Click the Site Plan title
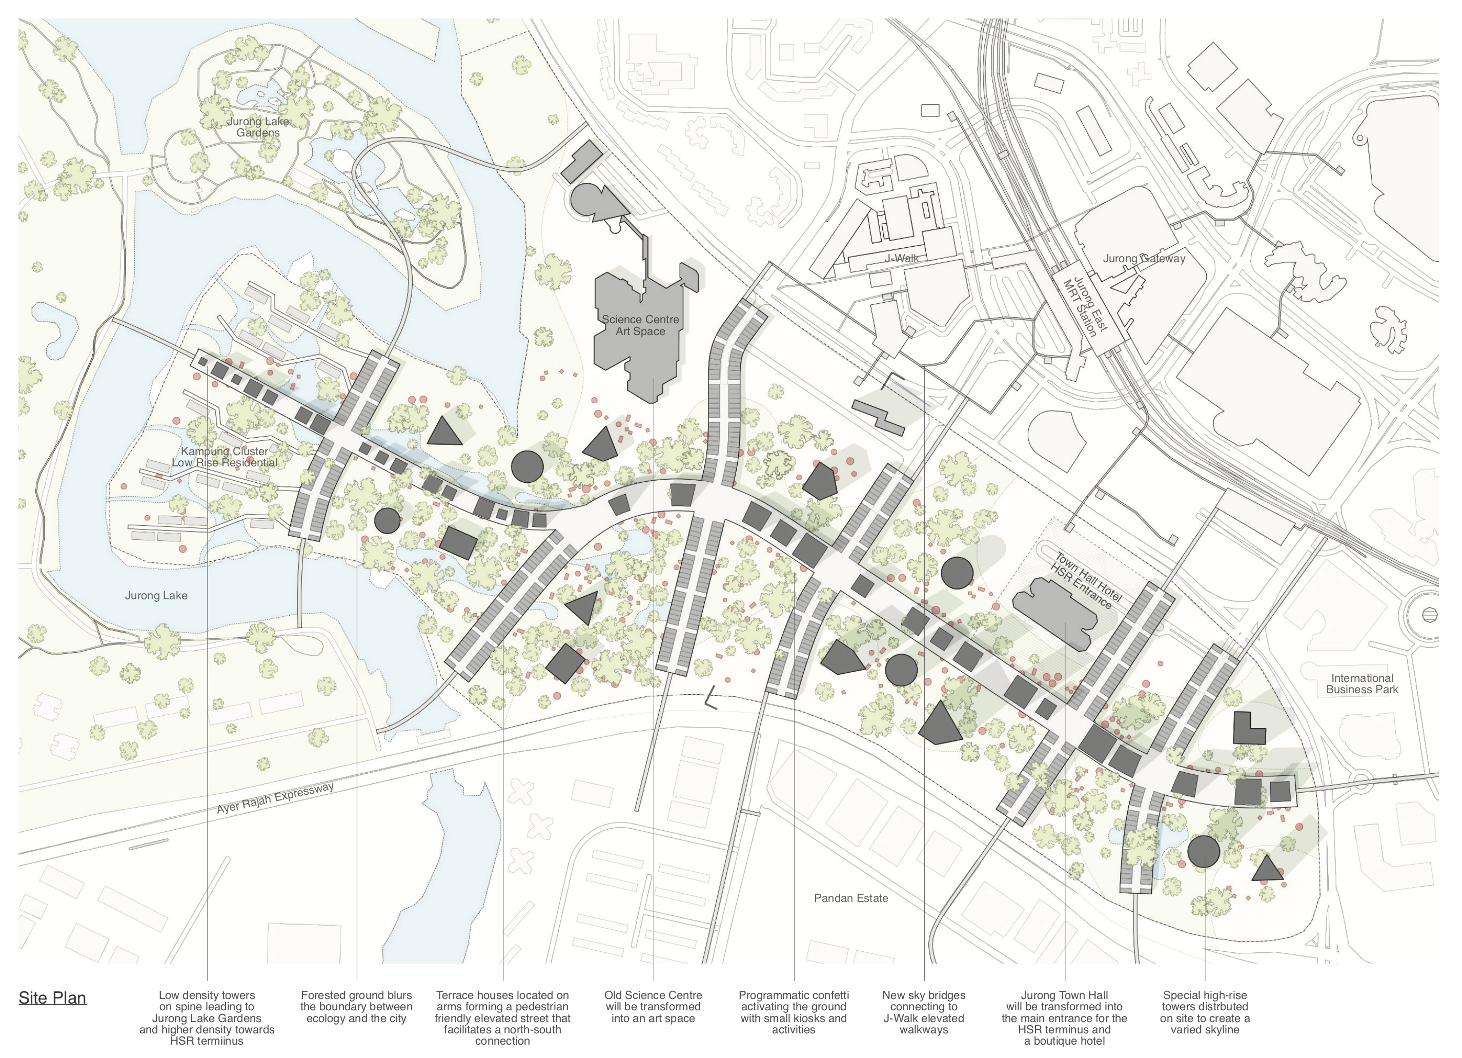point(52,998)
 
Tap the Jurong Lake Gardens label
point(258,127)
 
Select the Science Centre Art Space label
point(640,325)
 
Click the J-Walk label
point(902,258)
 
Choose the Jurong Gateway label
point(1144,259)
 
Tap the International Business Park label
point(1362,684)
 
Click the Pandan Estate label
point(851,898)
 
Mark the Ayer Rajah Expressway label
point(275,798)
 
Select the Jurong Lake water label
point(156,596)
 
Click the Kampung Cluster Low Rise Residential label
point(225,457)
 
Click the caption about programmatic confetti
point(794,1012)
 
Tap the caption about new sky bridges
point(924,1012)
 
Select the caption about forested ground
point(356,1007)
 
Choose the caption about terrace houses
point(502,1018)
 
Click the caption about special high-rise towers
point(1205,1012)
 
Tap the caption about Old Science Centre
point(653,1007)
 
